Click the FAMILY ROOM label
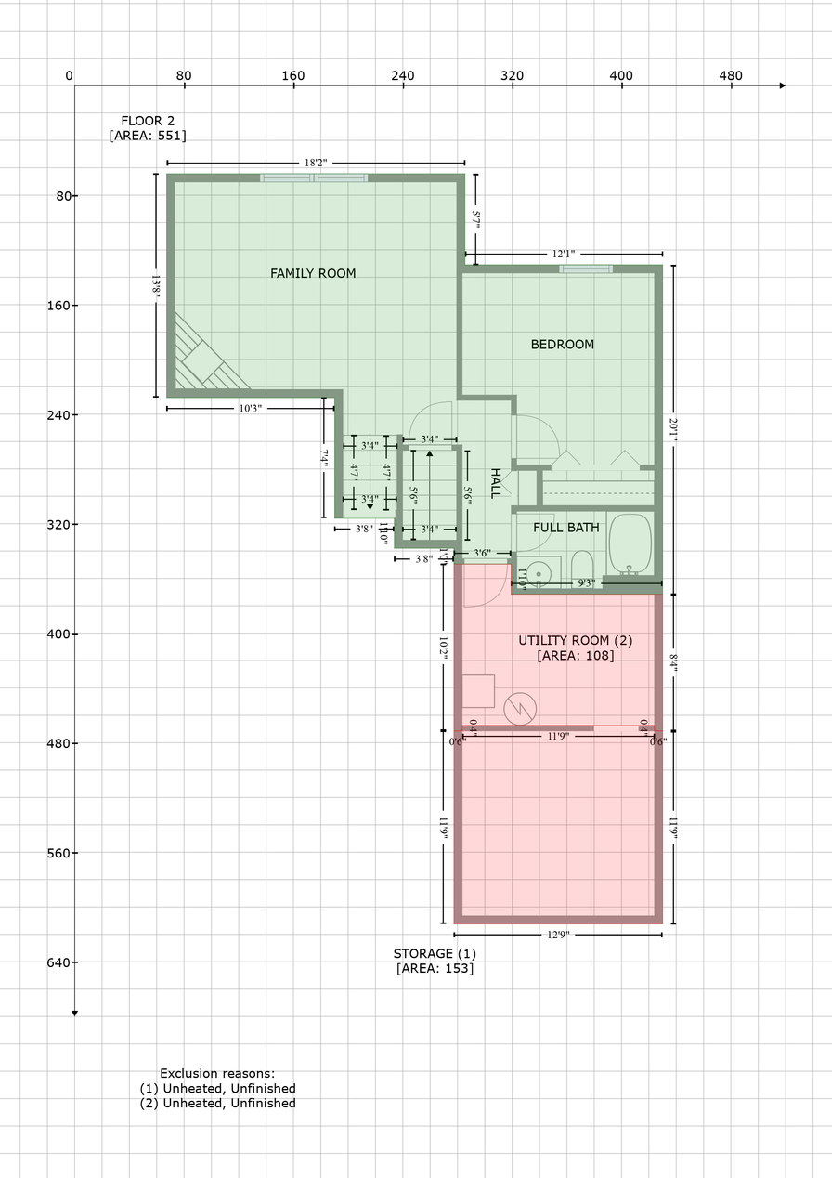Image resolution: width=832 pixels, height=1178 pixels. pos(313,273)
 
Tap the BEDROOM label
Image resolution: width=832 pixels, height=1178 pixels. pos(562,345)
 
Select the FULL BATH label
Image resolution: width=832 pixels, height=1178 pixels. pos(565,528)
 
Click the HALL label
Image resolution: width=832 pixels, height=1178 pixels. pos(495,483)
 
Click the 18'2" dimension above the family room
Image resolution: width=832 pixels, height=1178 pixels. pos(315,163)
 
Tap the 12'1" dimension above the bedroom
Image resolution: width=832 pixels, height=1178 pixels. pos(564,254)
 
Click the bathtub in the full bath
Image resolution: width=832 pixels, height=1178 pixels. pos(630,543)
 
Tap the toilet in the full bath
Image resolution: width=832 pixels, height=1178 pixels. pos(582,566)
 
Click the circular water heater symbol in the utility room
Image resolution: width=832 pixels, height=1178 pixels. pos(519,709)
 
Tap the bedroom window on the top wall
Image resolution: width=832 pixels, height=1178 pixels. pos(586,269)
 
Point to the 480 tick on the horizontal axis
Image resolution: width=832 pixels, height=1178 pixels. pos(731,75)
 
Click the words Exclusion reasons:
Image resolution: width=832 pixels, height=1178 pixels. pos(217,1073)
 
